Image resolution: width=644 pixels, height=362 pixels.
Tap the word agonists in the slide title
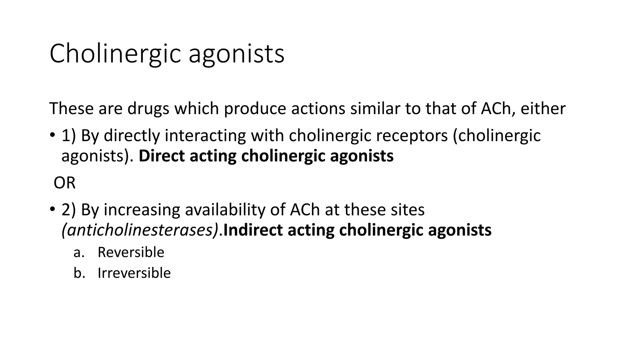(x=236, y=54)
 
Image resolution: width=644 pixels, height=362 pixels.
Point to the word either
(x=543, y=108)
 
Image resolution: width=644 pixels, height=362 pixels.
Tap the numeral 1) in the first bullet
(x=69, y=136)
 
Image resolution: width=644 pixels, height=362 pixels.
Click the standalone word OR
(x=64, y=183)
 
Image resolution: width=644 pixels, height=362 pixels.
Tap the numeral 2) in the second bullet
(x=69, y=210)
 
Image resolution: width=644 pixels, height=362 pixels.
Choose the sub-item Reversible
(x=131, y=252)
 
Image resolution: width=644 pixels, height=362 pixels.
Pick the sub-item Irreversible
(x=134, y=273)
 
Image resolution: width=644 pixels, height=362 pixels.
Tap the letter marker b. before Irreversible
(x=79, y=273)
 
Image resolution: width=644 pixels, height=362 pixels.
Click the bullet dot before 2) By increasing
(x=52, y=209)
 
